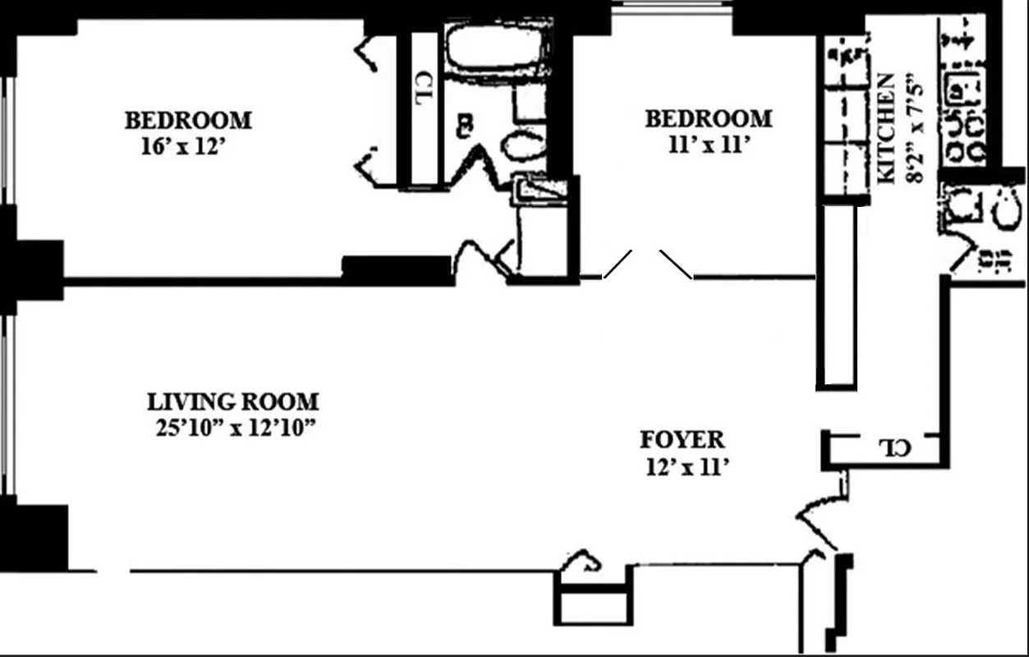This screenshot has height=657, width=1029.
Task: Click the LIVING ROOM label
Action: [232, 402]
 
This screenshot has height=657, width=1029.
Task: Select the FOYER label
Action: [682, 440]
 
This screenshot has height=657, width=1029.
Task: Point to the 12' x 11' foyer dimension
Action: [687, 467]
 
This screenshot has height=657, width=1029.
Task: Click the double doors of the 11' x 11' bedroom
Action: [648, 264]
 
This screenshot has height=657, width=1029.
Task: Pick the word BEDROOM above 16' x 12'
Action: [188, 121]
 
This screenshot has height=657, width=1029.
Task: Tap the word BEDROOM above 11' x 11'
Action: [709, 119]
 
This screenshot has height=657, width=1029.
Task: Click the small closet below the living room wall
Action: [594, 595]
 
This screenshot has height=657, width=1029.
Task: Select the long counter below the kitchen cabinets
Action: [836, 296]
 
